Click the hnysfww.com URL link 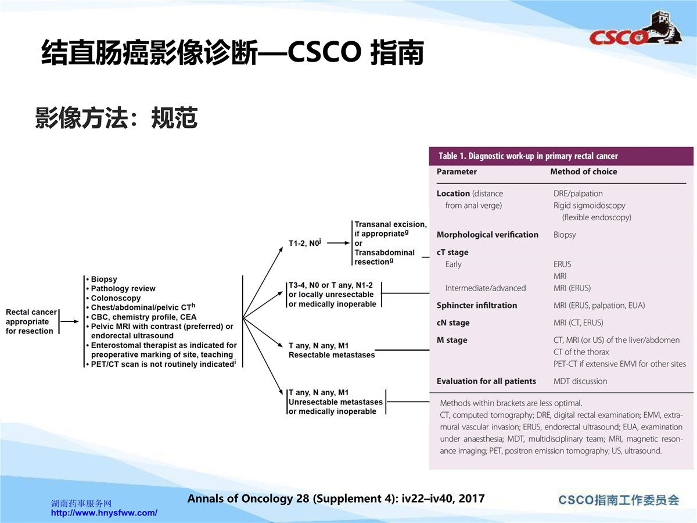click(104, 513)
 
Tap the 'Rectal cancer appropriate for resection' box click(31, 321)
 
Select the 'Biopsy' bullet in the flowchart click(104, 279)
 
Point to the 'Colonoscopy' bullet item click(116, 298)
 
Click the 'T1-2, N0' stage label click(304, 243)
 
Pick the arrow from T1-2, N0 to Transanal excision click(338, 243)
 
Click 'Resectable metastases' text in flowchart click(332, 354)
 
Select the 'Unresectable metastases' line click(335, 402)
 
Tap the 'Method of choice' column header click(584, 171)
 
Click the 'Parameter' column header click(457, 171)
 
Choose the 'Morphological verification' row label click(487, 235)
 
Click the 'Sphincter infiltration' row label click(477, 305)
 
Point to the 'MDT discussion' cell click(580, 381)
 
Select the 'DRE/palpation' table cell click(578, 194)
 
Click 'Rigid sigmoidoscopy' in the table click(590, 206)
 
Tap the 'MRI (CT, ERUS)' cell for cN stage click(579, 323)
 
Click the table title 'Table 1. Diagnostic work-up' click(528, 156)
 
